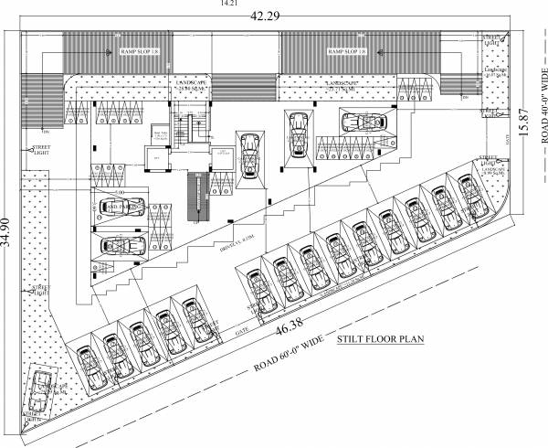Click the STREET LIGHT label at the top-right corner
[491, 39]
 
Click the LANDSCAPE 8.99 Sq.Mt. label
[492, 169]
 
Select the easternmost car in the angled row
[472, 192]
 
